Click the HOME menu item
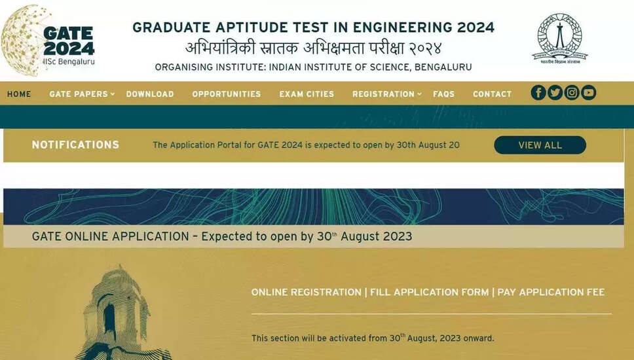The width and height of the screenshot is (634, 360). [x=19, y=94]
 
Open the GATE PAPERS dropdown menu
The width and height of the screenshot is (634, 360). [x=82, y=94]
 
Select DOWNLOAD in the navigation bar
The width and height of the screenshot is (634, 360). [x=150, y=94]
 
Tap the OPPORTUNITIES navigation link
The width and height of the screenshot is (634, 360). [x=227, y=94]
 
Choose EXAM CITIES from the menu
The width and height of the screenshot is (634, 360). [x=307, y=94]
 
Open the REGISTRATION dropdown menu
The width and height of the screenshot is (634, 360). [x=387, y=94]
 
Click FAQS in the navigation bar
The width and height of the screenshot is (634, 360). [x=443, y=94]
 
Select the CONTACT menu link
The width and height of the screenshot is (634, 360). [x=492, y=94]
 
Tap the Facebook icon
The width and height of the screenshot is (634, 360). [x=538, y=93]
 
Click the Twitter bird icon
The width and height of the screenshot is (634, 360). [x=555, y=93]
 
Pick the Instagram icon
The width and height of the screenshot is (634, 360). [x=572, y=93]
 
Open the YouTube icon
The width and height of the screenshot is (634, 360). [x=589, y=93]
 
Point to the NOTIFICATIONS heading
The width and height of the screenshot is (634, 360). [x=75, y=145]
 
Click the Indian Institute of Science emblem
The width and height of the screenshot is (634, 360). [x=559, y=39]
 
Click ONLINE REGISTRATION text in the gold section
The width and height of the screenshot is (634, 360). [x=306, y=292]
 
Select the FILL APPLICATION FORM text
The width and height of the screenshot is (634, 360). [x=430, y=292]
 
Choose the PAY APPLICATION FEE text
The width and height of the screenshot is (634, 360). [x=551, y=292]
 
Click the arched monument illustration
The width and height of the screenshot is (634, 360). [x=118, y=313]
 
